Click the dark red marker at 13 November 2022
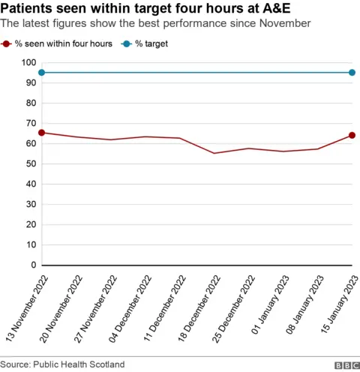(x=42, y=133)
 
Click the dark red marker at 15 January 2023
(x=352, y=136)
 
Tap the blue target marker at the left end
(x=42, y=73)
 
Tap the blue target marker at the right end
(x=352, y=73)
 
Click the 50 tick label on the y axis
(x=30, y=164)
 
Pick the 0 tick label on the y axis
(x=33, y=265)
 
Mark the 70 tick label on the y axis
(x=30, y=124)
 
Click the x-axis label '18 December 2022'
(x=196, y=308)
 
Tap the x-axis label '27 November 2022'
(x=93, y=308)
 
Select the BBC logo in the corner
(x=346, y=364)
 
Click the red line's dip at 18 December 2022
(x=214, y=153)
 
